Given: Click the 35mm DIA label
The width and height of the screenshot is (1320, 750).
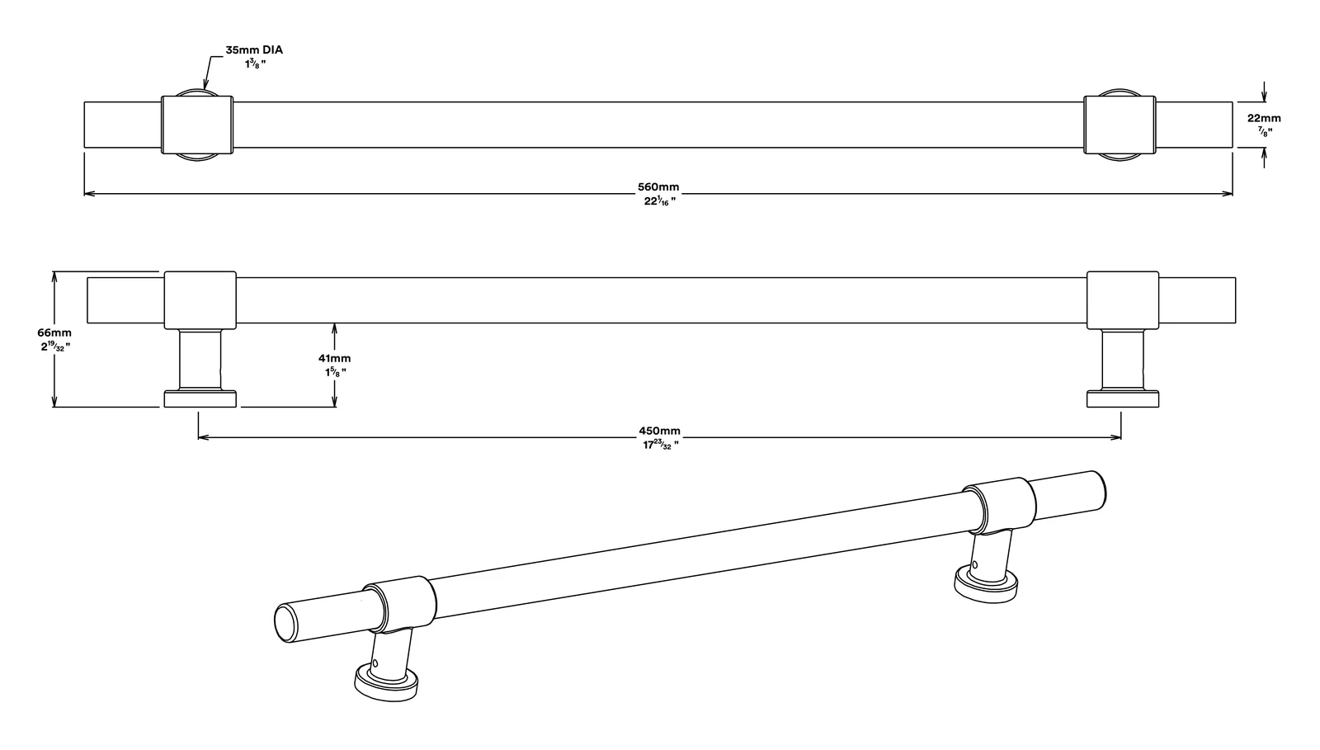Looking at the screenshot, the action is point(254,50).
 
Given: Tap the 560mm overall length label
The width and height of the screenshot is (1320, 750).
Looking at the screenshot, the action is point(658,186).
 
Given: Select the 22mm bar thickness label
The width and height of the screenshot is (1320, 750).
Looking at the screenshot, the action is point(1263,118).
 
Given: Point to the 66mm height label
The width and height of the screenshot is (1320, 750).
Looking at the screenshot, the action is point(54,333).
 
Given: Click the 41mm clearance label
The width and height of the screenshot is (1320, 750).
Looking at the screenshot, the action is point(334,358).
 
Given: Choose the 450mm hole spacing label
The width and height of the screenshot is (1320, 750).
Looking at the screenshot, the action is point(659,432).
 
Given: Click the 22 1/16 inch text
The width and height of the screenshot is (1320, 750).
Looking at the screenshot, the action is point(659,201).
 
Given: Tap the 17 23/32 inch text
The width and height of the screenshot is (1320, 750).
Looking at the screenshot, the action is point(660,446).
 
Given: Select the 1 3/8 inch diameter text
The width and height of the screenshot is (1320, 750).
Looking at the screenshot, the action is point(255,64).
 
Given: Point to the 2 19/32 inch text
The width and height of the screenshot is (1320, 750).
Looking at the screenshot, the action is point(54,347).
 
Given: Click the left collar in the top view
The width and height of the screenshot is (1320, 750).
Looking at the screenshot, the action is point(197,125).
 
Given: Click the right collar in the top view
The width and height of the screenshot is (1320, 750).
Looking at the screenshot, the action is point(1120,125).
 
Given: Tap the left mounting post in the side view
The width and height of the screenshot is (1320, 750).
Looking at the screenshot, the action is point(200,360).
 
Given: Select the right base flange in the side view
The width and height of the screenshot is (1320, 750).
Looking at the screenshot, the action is point(1123,399).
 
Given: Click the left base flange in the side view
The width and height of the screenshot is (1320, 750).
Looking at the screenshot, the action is point(200,399).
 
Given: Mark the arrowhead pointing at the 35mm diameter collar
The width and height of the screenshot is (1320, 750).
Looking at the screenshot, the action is point(205,85).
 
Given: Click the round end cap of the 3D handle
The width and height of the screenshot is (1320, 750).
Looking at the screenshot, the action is point(285,623).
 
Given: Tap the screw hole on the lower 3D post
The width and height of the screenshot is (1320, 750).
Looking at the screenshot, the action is point(375,663).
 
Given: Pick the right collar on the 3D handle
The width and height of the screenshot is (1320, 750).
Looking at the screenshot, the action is point(999,506).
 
